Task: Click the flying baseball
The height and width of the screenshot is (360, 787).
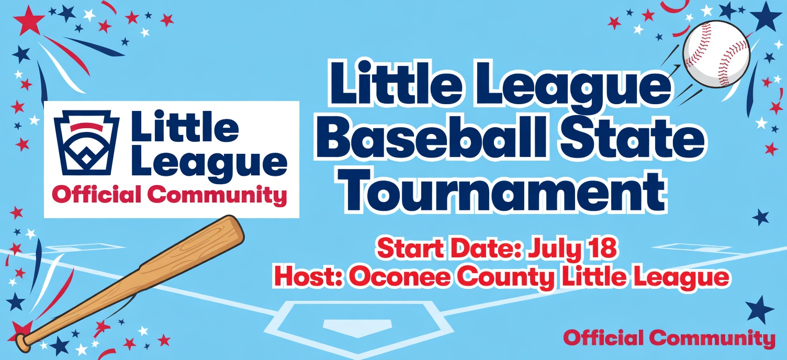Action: coord(716,54)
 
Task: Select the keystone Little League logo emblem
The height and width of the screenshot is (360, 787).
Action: coord(86,143)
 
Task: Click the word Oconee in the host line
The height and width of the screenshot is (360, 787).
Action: coord(400,277)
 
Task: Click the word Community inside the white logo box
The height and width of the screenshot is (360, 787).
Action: coord(217,195)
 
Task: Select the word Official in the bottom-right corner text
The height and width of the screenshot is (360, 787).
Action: coord(603,337)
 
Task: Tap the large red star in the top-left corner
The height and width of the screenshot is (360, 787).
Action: coord(29,20)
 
